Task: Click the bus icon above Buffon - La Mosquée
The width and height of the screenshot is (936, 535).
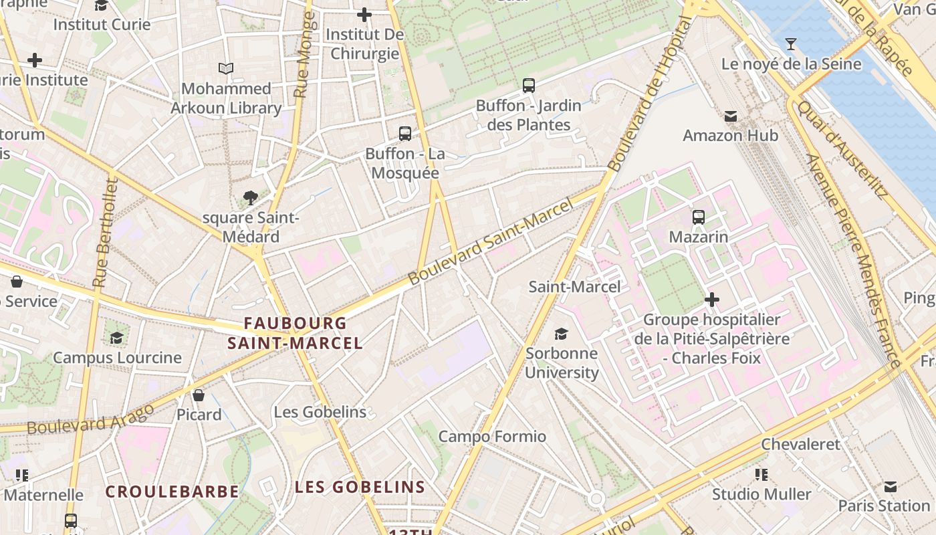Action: click(405, 133)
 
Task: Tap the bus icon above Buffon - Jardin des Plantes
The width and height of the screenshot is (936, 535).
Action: click(529, 85)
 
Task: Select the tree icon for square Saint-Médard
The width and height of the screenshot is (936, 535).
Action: click(251, 197)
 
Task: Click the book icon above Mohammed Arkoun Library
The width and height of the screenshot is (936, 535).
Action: click(226, 68)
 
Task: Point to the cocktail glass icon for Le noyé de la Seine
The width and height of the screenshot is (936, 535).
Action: click(791, 44)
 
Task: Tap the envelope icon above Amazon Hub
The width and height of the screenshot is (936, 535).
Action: click(730, 116)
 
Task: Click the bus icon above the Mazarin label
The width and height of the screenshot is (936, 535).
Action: click(699, 217)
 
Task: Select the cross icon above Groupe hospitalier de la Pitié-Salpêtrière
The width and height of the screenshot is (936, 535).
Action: click(712, 299)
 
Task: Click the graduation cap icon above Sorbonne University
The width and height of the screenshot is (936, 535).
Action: click(561, 333)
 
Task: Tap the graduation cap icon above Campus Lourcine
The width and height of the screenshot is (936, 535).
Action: click(117, 337)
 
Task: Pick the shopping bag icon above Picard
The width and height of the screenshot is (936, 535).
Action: click(199, 395)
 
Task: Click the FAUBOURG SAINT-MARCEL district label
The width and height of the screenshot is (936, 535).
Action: click(295, 333)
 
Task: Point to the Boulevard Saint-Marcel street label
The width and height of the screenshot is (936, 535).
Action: click(491, 241)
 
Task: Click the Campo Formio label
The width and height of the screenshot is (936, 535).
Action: click(492, 437)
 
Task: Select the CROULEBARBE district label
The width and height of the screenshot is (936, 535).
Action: click(172, 492)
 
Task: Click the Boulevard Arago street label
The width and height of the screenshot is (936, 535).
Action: click(90, 417)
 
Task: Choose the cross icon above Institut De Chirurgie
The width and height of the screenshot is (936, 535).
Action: click(364, 14)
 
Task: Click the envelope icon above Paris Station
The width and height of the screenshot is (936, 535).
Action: click(890, 486)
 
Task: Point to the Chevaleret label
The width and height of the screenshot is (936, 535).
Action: click(800, 444)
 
